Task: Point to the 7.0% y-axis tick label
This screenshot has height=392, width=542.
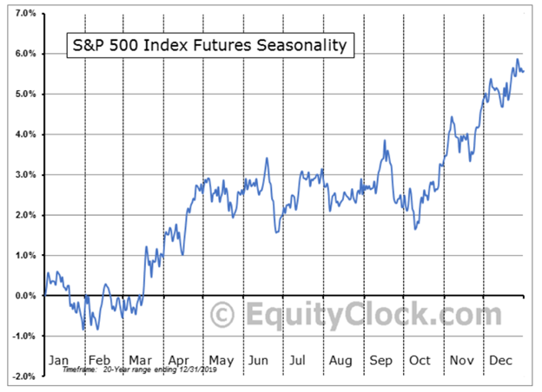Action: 23,14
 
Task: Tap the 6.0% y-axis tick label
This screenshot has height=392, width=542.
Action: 23,54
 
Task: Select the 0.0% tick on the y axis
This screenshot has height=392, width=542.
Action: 23,296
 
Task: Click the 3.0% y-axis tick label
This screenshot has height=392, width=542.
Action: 23,175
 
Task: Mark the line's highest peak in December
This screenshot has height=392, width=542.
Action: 518,60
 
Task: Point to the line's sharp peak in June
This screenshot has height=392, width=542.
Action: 267,158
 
